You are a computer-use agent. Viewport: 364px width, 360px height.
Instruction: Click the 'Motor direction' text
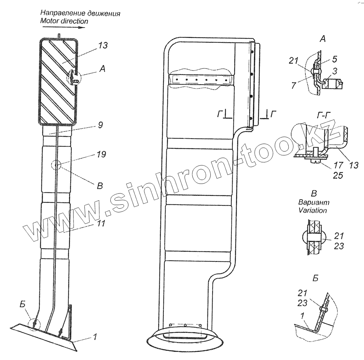tap(64, 21)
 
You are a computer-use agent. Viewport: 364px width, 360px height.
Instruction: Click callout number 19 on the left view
tap(102, 155)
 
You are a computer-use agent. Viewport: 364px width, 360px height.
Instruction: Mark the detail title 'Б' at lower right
tap(315, 279)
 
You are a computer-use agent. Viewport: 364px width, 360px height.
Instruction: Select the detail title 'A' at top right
tap(322, 39)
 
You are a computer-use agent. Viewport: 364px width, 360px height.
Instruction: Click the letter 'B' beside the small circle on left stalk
tap(99, 186)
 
